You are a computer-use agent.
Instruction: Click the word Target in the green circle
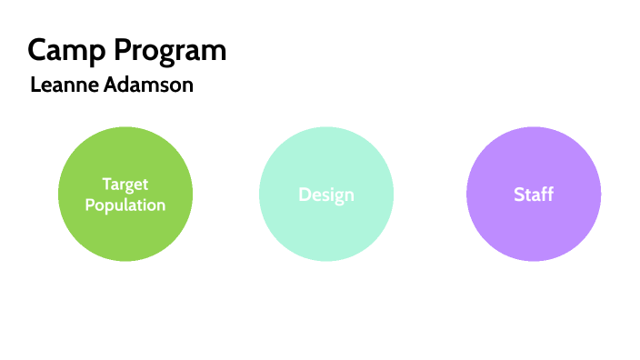coord(125,185)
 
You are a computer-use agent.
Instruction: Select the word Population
coord(125,205)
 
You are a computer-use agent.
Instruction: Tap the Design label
coord(326,195)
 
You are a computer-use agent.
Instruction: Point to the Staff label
coord(534,195)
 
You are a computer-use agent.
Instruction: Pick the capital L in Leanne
coord(35,85)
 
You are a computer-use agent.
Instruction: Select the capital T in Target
coord(105,185)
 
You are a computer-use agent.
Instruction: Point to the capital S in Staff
coord(519,195)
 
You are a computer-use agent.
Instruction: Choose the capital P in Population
coord(90,205)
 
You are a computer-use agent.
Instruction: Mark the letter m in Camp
coord(79,52)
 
